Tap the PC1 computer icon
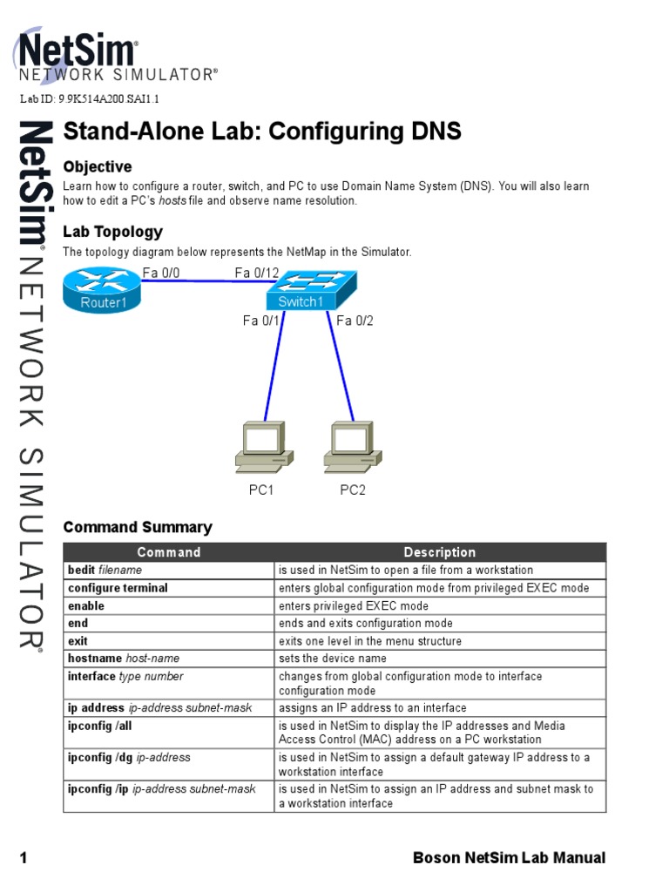pyautogui.click(x=263, y=447)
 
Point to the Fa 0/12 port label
pyautogui.click(x=256, y=274)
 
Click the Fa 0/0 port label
pyautogui.click(x=160, y=274)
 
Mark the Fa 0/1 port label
pyautogui.click(x=261, y=321)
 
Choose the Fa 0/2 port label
pyautogui.click(x=355, y=321)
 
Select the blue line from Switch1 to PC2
pyautogui.click(x=341, y=366)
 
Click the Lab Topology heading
pyautogui.click(x=112, y=232)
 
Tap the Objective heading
pyautogui.click(x=97, y=166)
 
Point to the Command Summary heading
pyautogui.click(x=138, y=527)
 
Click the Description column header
pyautogui.click(x=439, y=552)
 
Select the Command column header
pyautogui.click(x=168, y=552)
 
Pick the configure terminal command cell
pyautogui.click(x=118, y=588)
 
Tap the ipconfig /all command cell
pyautogui.click(x=99, y=726)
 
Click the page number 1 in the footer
pyautogui.click(x=24, y=859)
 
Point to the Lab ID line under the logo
pyautogui.click(x=89, y=99)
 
